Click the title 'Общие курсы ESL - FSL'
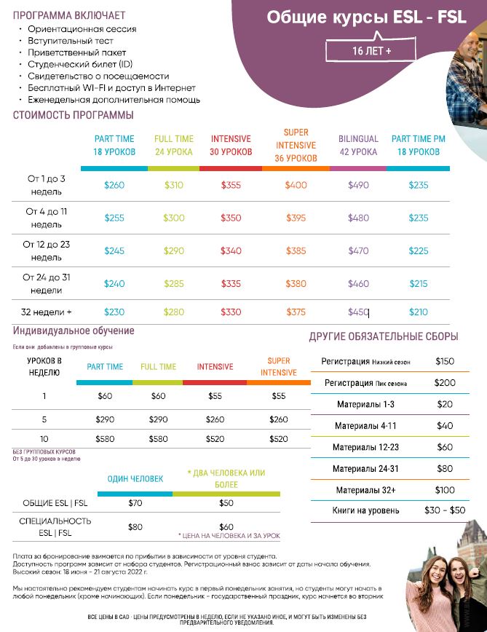click(366, 18)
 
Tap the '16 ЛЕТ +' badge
click(371, 51)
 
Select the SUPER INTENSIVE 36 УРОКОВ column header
click(296, 145)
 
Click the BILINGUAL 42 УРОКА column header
click(358, 145)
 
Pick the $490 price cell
click(358, 185)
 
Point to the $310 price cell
click(173, 185)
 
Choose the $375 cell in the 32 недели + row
click(296, 312)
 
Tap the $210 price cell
click(418, 312)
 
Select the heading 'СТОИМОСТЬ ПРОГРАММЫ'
click(74, 115)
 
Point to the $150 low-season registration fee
click(444, 361)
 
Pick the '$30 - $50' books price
click(443, 510)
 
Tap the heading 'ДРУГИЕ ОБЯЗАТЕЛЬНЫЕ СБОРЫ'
click(384, 336)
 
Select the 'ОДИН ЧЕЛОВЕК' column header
click(135, 478)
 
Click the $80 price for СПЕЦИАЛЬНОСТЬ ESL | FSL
click(135, 526)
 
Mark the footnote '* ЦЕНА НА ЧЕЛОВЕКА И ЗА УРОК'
click(229, 536)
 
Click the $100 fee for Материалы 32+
click(444, 490)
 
